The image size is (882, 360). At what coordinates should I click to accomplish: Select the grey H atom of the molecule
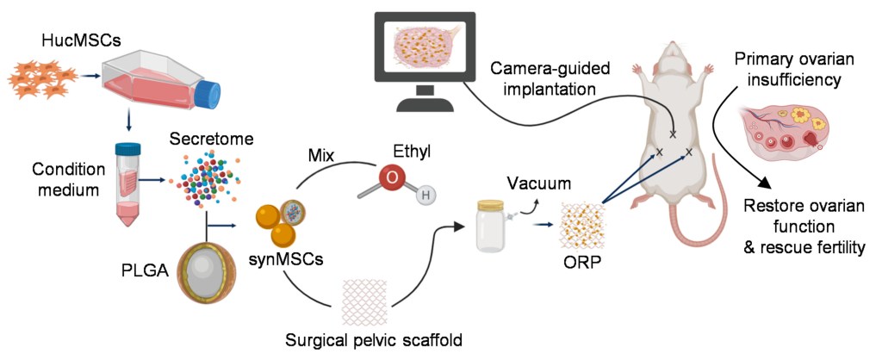click(424, 196)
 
